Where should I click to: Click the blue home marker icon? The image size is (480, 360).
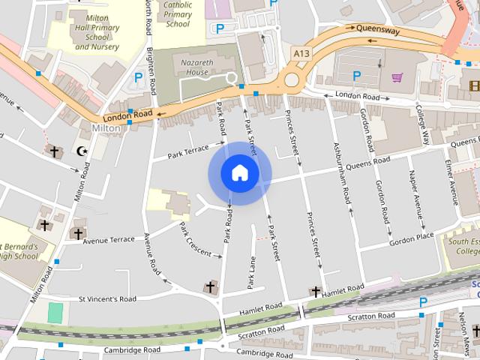[x=240, y=173]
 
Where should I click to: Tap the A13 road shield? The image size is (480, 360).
[x=300, y=52]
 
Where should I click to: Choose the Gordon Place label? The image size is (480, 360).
[x=411, y=238]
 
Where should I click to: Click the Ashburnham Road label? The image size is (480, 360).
[x=342, y=173]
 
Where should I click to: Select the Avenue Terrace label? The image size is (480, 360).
[x=109, y=240]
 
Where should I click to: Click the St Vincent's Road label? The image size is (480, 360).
[x=108, y=298]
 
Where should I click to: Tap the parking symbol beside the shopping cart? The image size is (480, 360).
[x=357, y=75]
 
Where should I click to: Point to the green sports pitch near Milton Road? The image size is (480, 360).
[x=55, y=313]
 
